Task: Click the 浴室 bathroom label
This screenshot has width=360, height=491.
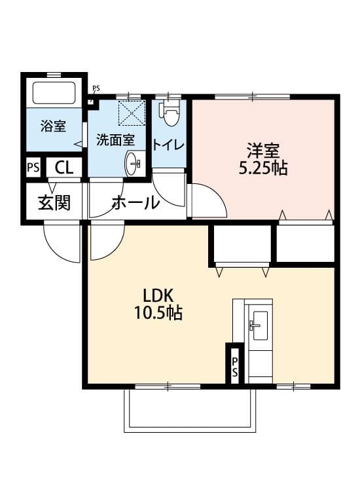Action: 53,126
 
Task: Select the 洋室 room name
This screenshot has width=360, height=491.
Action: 263,149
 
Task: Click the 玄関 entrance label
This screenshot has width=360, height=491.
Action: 53,203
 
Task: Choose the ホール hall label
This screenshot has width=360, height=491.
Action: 135,203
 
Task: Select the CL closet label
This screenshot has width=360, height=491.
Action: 63,168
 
